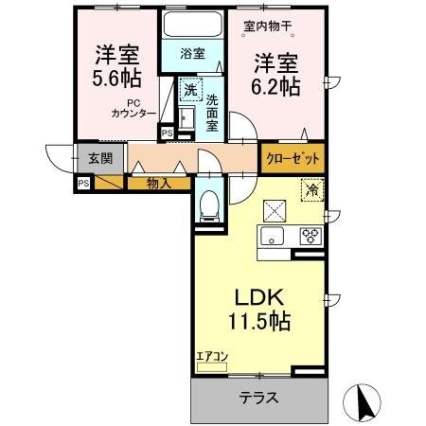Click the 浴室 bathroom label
[x=192, y=55]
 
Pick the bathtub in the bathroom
[x=191, y=26]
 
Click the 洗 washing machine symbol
[x=189, y=90]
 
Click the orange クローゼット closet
[x=293, y=158]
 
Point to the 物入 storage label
[x=158, y=183]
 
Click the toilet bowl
[x=208, y=204]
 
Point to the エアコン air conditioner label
[x=212, y=357]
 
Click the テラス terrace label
[x=257, y=398]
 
